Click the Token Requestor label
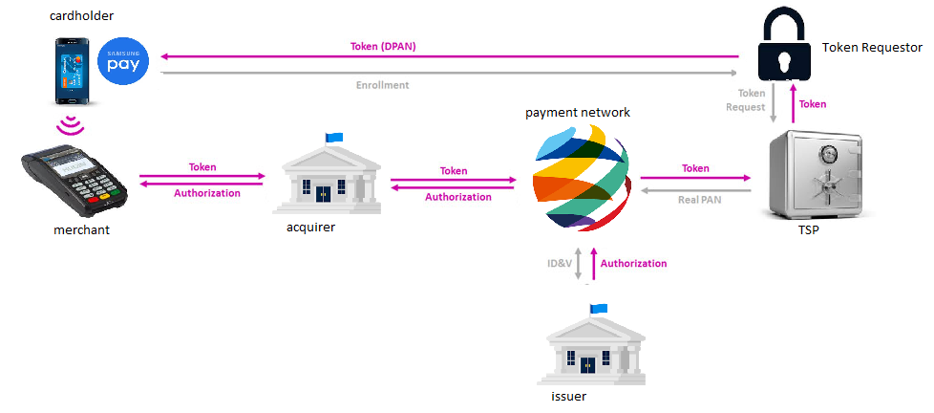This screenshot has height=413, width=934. pos(872,47)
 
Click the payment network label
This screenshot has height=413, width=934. pos(578,112)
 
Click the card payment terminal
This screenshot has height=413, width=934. pos(76,178)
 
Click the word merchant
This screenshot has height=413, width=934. pos(82,229)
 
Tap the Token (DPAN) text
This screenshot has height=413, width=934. pos(382,46)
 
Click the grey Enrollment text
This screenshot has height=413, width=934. pos(382,85)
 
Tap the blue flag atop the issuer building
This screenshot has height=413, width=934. pos(600,308)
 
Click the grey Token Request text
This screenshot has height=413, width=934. pos(752,99)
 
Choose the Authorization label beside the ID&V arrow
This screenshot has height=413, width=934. pos(633,263)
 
